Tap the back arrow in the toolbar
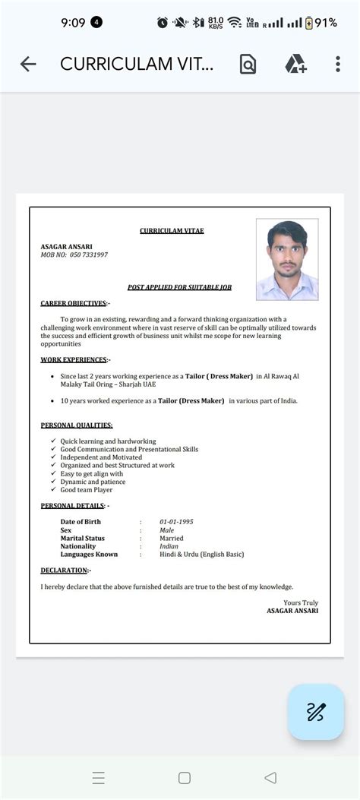pos(28,65)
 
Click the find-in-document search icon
pos(248,65)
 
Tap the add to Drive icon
pos(295,65)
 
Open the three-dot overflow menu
pos(338,65)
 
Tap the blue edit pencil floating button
pos(315,712)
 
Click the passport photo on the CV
pos(286,259)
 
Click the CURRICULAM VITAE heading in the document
pos(172,231)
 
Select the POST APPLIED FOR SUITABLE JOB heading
pos(179,287)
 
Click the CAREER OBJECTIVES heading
pos(74,303)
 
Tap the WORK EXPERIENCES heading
pos(74,359)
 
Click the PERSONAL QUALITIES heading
pos(76,425)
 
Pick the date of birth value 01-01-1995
pos(176,522)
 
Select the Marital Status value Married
pos(172,538)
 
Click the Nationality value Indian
pos(169,546)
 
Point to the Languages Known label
pos(89,555)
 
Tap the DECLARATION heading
pos(65,570)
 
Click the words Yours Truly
pos(301,602)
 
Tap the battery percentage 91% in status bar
pos(326,23)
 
